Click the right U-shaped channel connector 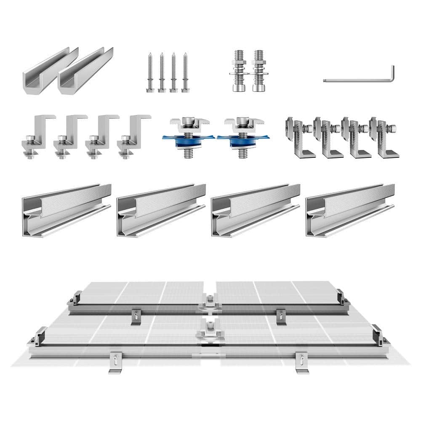coord(85,70)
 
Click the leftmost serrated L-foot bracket coord(300,138)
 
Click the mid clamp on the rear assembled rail coord(209,302)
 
